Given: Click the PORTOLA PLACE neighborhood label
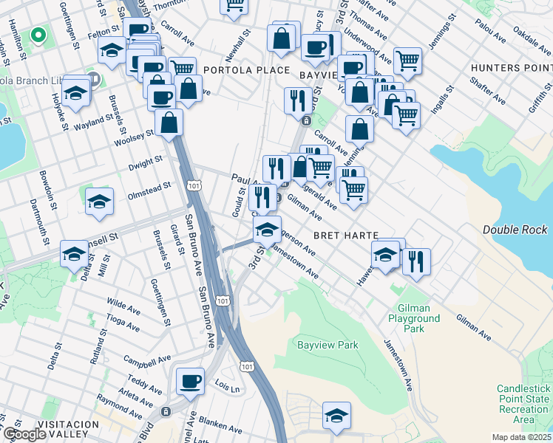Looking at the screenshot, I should click(x=236, y=70).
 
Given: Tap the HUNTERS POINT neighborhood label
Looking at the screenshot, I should click(x=511, y=67).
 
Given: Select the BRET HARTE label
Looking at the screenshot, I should click(x=346, y=235).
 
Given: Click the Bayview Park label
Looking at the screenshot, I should click(x=327, y=345).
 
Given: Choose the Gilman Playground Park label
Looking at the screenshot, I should click(x=414, y=318).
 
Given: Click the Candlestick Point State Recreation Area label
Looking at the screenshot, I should click(x=523, y=404).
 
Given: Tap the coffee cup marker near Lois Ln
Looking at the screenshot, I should click(x=190, y=382).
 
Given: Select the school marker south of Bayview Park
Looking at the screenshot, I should click(x=336, y=416).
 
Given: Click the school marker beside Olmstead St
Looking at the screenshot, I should click(x=99, y=202).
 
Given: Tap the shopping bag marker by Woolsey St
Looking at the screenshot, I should click(x=169, y=122).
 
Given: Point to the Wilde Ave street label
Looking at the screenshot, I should click(x=123, y=303).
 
